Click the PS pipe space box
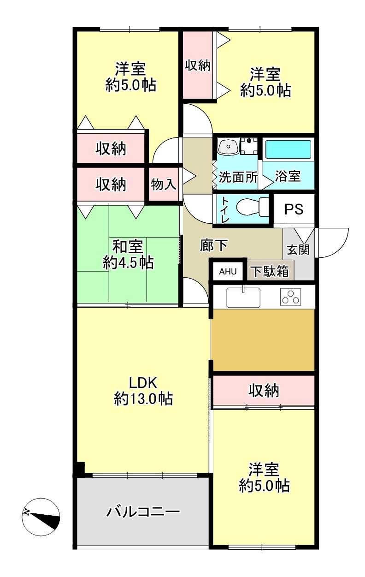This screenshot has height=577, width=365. pyautogui.click(x=294, y=209)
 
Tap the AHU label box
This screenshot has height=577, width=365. pyautogui.click(x=227, y=272)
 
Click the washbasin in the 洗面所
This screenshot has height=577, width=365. pyautogui.click(x=227, y=147)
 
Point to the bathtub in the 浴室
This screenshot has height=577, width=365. pyautogui.click(x=288, y=149)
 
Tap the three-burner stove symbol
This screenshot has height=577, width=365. pyautogui.click(x=290, y=297)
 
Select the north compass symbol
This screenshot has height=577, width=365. pyautogui.click(x=41, y=517)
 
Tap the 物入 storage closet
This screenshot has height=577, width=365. pyautogui.click(x=164, y=184)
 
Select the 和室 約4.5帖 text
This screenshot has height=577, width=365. pyautogui.click(x=128, y=255)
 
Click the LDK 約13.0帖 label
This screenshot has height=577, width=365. pyautogui.click(x=143, y=391)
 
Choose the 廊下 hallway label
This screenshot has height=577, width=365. pyautogui.click(x=214, y=246)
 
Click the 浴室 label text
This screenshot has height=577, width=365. pyautogui.click(x=288, y=177)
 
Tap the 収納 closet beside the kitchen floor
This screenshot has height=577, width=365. pyautogui.click(x=264, y=391)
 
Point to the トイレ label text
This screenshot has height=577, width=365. pyautogui.click(x=224, y=210)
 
